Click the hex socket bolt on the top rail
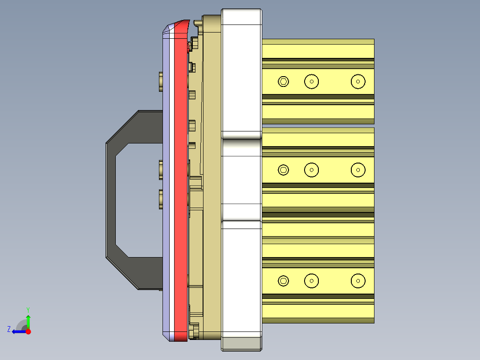pos(283,82)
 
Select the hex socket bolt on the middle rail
pos(283,170)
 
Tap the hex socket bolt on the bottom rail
pos(283,281)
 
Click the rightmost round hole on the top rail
pos(358,82)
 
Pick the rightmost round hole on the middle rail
pos(358,170)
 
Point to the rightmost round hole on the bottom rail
pos(358,281)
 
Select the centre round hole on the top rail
pos(312,82)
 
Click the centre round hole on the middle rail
pos(312,170)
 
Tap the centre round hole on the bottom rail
pos(312,281)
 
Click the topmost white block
pos(241,71)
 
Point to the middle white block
pos(241,178)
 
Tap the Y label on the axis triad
pos(28,309)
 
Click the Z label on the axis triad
pos(9,329)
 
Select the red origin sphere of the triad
pos(28,331)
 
